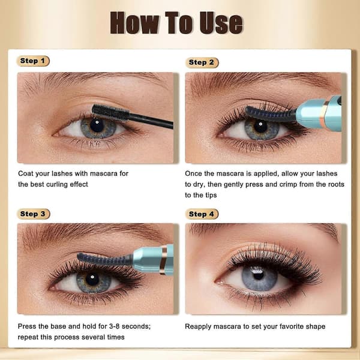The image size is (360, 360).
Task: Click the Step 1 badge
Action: (33, 61)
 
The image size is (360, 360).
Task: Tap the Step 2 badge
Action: (202, 62)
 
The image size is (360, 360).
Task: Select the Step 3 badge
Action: (33, 214)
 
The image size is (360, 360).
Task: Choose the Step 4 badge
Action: (202, 214)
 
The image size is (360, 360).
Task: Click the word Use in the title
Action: (221, 23)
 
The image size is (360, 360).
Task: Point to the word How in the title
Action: (134, 23)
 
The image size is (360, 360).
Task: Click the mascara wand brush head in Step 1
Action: (110, 112)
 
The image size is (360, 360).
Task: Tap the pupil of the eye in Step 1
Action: (97, 125)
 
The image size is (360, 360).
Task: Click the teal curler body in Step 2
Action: (319, 113)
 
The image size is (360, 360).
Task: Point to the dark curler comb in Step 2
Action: (271, 114)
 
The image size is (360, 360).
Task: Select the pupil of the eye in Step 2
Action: (260, 126)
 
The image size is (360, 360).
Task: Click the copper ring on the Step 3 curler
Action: (163, 259)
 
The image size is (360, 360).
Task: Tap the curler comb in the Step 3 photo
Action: (104, 259)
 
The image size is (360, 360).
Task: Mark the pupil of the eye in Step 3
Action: (92, 279)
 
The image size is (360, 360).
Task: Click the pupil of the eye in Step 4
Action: (258, 275)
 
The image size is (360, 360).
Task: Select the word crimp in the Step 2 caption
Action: (287, 184)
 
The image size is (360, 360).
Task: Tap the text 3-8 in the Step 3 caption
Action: (115, 326)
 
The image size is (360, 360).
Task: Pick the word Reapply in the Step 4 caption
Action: (198, 326)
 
